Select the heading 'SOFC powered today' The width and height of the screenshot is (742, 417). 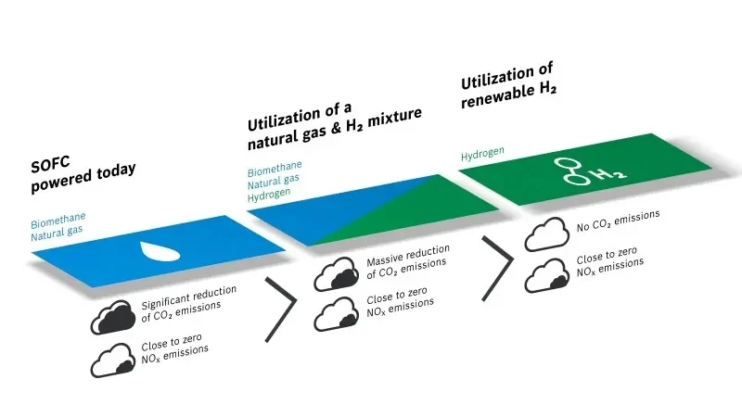click(83, 174)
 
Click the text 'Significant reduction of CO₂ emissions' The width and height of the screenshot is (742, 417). click(188, 303)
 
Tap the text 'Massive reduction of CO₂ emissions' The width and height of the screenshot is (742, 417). click(408, 259)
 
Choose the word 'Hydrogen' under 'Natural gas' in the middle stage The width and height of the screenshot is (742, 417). click(270, 193)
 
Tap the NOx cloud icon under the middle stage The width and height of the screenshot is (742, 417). click(335, 313)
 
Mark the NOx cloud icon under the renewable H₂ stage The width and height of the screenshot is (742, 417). click(546, 274)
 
